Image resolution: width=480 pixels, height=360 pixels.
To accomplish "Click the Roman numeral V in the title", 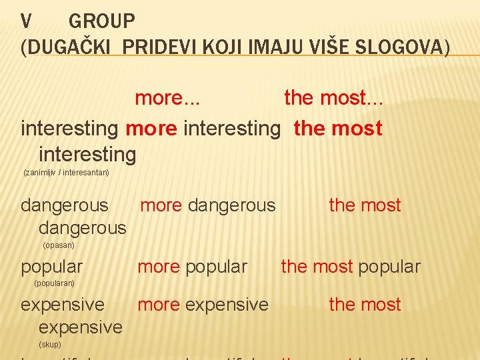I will [x=26, y=21].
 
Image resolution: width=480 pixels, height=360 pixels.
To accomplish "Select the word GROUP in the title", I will [x=101, y=21].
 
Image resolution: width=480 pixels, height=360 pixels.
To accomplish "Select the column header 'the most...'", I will [x=333, y=98].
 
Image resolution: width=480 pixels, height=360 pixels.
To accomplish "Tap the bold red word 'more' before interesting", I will [x=151, y=128].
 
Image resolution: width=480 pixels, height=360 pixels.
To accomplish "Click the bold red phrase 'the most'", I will [x=338, y=128].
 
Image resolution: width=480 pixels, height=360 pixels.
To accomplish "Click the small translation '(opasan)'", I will [x=59, y=245].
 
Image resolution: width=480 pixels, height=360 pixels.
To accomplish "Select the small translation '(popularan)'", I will [x=54, y=283].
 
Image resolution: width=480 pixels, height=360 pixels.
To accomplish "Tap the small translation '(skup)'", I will [x=50, y=345].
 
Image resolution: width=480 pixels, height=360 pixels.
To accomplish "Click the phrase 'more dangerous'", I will [x=207, y=205].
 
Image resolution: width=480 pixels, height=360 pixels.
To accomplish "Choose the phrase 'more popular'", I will [x=192, y=267].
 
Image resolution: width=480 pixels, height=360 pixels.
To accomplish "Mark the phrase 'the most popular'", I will [x=351, y=267].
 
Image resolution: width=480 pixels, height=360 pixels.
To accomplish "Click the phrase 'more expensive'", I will [x=203, y=305].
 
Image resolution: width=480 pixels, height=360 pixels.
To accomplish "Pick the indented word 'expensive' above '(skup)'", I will [x=81, y=327].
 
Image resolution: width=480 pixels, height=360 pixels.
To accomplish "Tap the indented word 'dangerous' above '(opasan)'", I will [x=82, y=228].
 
